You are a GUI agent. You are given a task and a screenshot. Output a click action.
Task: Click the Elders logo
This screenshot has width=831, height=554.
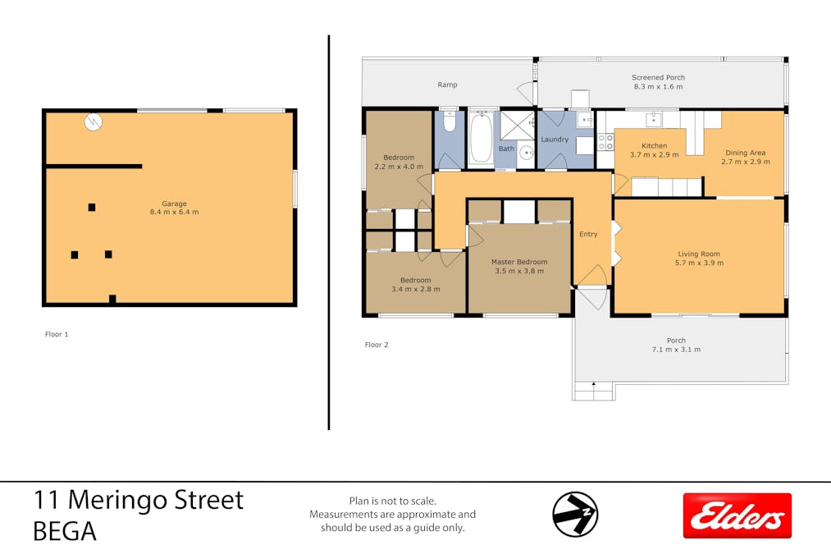pos(737,515)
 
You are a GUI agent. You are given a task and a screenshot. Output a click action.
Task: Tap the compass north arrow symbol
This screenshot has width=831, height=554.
pos(575,515)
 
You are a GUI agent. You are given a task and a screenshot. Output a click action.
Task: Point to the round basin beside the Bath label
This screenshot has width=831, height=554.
pos(524,151)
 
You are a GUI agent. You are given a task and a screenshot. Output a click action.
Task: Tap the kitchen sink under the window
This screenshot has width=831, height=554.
pos(653,120)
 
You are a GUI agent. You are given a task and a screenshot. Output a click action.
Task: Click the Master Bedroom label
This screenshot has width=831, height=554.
pos(519,262)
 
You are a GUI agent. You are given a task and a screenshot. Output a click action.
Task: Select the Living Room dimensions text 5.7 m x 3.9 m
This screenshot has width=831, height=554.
pos(699,263)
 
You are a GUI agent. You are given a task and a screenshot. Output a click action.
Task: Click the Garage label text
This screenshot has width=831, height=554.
pos(174,204)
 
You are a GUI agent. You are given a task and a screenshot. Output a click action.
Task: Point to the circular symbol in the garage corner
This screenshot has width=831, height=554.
pos(93,122)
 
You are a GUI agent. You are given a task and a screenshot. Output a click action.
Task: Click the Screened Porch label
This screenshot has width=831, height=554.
pos(658,78)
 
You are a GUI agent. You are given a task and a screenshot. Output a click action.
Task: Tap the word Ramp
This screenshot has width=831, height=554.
pos(447,85)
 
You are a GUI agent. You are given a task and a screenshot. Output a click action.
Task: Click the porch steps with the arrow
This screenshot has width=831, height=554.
pos(593,391)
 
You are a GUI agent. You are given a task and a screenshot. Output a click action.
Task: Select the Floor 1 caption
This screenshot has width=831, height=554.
pos(57,335)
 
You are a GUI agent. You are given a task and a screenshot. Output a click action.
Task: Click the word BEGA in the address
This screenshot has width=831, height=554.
pos(65,532)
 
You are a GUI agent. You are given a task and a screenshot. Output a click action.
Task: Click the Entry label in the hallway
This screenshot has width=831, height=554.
pos(588,234)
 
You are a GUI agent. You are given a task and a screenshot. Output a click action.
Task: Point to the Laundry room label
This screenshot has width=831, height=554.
pos(555,140)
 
